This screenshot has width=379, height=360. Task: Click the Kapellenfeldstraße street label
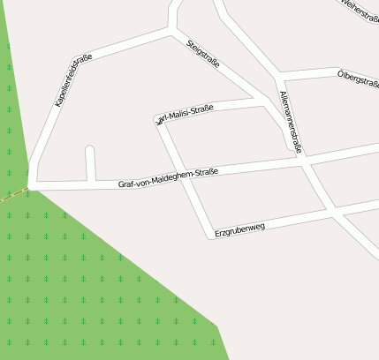pyautogui.click(x=73, y=81)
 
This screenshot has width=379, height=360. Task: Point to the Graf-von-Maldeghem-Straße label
pyautogui.click(x=168, y=178)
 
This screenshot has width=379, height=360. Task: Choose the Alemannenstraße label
pyautogui.click(x=290, y=122)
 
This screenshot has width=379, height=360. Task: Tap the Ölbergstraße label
pyautogui.click(x=359, y=79)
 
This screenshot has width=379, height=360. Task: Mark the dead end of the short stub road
pyautogui.click(x=89, y=150)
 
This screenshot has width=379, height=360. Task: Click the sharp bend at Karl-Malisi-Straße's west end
pyautogui.click(x=159, y=119)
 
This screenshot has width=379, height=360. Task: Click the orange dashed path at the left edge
pyautogui.click(x=9, y=199)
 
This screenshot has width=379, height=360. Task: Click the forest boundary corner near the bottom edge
pyautogui.click(x=218, y=326)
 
